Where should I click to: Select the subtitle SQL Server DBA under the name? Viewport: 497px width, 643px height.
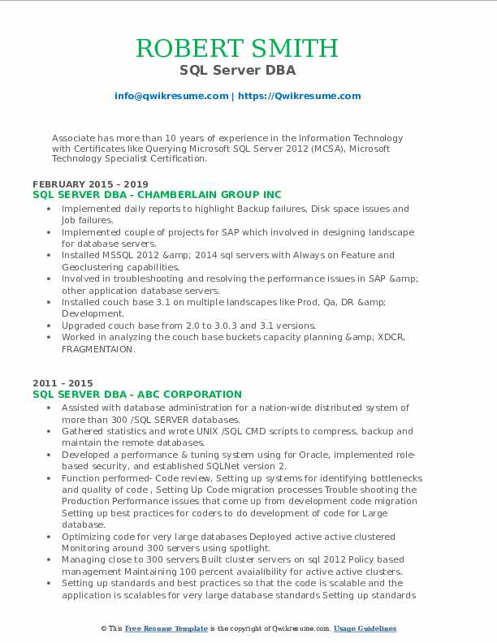(x=248, y=71)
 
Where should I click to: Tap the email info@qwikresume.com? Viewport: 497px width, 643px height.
(x=171, y=96)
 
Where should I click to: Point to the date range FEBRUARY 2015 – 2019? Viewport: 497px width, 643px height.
(x=90, y=184)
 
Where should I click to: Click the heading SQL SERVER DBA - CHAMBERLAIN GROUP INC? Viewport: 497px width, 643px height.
(x=158, y=195)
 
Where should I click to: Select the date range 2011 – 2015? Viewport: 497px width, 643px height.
(x=63, y=383)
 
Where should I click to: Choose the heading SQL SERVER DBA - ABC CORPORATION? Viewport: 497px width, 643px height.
(x=137, y=394)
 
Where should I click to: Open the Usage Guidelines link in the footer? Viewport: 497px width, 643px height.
(x=365, y=629)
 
